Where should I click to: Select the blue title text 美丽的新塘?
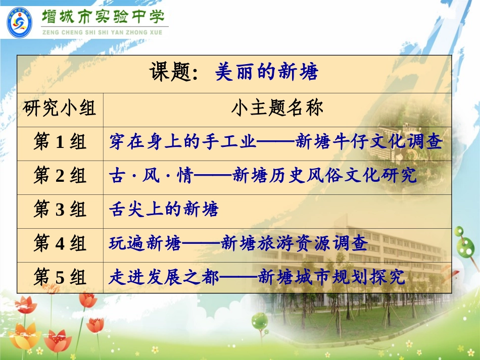click(x=267, y=73)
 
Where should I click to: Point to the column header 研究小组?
click(x=60, y=108)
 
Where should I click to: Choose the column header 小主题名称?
click(x=277, y=108)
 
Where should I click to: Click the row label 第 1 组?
click(x=60, y=142)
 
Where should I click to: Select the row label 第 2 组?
click(x=60, y=175)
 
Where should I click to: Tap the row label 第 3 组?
click(x=60, y=210)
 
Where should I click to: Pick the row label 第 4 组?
click(x=60, y=244)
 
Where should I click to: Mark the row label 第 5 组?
click(x=60, y=277)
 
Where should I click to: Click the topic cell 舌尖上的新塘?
click(x=164, y=210)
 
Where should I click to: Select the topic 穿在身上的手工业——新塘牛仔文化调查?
click(x=276, y=142)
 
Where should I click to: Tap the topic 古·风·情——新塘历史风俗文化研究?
click(x=263, y=175)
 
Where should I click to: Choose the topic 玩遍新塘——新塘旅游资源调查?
click(x=238, y=244)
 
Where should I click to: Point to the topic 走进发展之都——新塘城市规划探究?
click(x=257, y=277)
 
